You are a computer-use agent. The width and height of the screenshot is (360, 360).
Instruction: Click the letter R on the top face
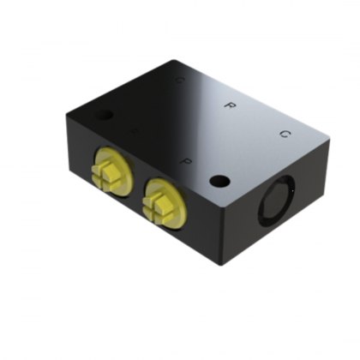click(x=229, y=105)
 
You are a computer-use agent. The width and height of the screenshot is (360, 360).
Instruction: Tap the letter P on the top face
click(x=184, y=160)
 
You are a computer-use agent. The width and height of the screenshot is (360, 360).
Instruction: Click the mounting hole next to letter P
click(x=220, y=181)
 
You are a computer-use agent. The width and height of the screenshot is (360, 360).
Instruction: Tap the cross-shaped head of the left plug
click(x=106, y=171)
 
